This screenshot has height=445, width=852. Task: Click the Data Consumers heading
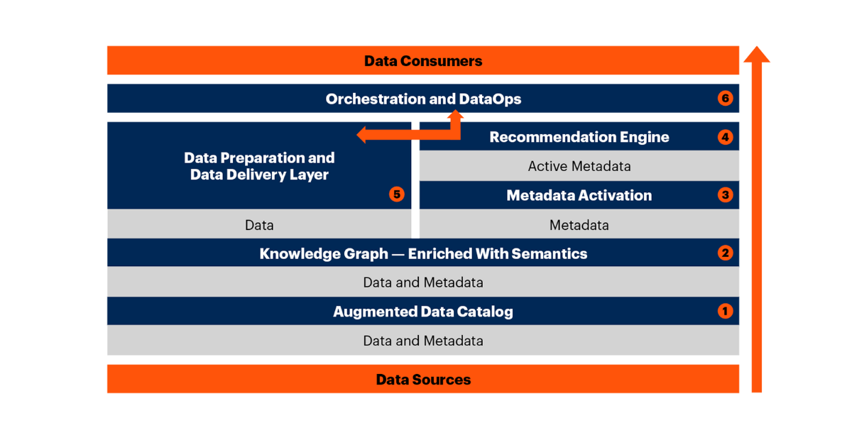[x=423, y=61]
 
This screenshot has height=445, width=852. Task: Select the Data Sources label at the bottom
[x=423, y=380]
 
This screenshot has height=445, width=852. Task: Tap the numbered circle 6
[x=725, y=99]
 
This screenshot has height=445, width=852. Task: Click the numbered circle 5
[x=397, y=194]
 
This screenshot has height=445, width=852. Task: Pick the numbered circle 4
[x=725, y=137]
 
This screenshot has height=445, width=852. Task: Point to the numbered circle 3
[x=725, y=195]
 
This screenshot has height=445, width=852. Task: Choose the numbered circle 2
[x=725, y=253]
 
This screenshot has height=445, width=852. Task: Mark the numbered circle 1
[x=725, y=312]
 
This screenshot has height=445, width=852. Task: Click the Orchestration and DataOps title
[x=423, y=99]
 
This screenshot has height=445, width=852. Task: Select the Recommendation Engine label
[x=579, y=137]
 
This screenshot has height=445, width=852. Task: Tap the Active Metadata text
[x=579, y=167]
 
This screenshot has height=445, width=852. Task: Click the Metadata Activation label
[x=579, y=196]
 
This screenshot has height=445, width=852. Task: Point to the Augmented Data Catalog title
[x=423, y=312]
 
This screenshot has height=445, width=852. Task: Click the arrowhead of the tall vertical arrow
[x=757, y=55]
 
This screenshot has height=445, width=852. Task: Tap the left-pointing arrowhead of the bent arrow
[x=363, y=134]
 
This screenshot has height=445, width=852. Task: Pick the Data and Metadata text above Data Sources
[x=423, y=341]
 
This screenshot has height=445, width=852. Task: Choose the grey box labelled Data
[x=259, y=225]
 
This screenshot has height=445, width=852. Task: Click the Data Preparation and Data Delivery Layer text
[x=259, y=166]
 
